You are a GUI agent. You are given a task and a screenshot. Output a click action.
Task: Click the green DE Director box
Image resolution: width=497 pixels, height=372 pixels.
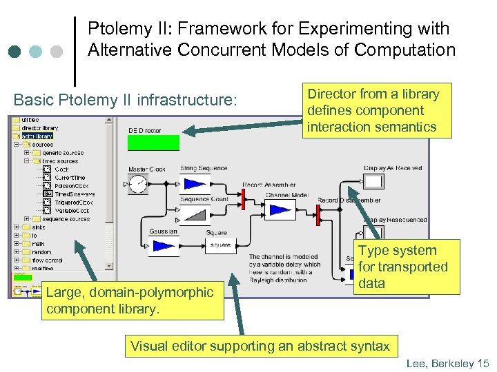(153, 143)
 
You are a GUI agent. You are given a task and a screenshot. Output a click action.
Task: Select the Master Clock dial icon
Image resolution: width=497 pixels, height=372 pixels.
(138, 184)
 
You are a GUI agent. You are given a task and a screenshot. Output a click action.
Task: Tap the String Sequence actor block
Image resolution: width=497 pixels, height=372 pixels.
(195, 183)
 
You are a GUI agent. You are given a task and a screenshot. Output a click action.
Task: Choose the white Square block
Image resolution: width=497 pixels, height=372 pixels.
(221, 245)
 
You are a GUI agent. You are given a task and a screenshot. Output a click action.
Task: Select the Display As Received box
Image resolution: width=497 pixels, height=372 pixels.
(373, 182)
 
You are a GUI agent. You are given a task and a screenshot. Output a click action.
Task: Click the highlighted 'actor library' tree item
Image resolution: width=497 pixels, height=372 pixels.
(37, 136)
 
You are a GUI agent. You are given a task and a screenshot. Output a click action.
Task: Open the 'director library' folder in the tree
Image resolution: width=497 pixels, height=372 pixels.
(39, 128)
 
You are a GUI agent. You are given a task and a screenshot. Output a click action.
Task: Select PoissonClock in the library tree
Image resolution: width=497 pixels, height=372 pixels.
(70, 186)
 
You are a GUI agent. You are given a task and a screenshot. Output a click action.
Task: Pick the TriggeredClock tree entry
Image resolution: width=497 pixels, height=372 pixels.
(73, 203)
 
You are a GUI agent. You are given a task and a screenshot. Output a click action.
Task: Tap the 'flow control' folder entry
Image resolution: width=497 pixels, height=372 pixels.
(46, 260)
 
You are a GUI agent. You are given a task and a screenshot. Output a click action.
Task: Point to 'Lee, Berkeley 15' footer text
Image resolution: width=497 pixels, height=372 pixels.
(447, 363)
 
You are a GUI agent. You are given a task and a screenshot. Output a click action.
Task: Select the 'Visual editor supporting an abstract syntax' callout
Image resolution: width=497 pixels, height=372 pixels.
(260, 346)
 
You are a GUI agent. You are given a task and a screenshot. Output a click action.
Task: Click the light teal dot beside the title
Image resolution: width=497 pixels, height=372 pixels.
(37, 52)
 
